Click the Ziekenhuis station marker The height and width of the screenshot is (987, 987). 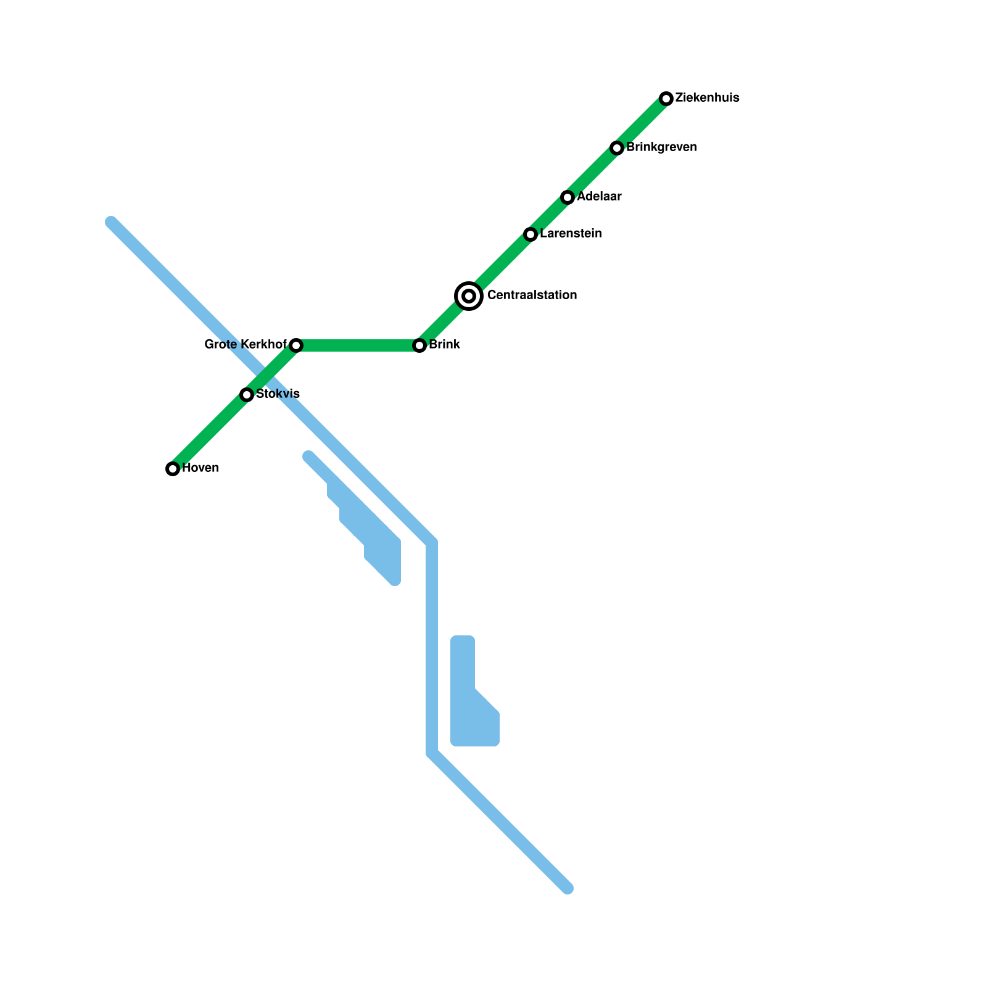[x=666, y=99]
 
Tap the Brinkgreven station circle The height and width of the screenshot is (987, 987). [x=617, y=148]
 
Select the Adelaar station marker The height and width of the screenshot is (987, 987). [x=568, y=197]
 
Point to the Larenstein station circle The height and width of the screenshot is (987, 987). [x=531, y=234]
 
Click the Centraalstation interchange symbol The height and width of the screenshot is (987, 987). [x=469, y=296]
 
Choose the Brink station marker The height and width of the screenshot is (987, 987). [x=419, y=345]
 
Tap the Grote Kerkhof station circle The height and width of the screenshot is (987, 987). [x=296, y=345]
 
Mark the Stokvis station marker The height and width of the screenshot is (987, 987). [x=247, y=395]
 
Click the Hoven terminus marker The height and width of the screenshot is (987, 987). [x=173, y=469]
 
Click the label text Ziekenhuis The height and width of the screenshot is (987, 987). [x=707, y=98]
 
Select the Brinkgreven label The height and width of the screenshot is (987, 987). [x=661, y=147]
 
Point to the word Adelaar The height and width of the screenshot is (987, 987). [x=599, y=197]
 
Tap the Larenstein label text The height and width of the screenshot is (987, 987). [x=571, y=234]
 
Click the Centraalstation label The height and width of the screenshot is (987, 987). [x=532, y=295]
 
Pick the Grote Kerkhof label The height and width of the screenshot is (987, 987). [x=246, y=345]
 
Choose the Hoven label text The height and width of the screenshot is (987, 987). [x=200, y=468]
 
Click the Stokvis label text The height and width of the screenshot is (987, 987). [x=278, y=394]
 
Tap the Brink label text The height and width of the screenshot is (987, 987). [x=444, y=345]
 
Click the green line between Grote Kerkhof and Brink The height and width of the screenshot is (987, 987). [x=358, y=345]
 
